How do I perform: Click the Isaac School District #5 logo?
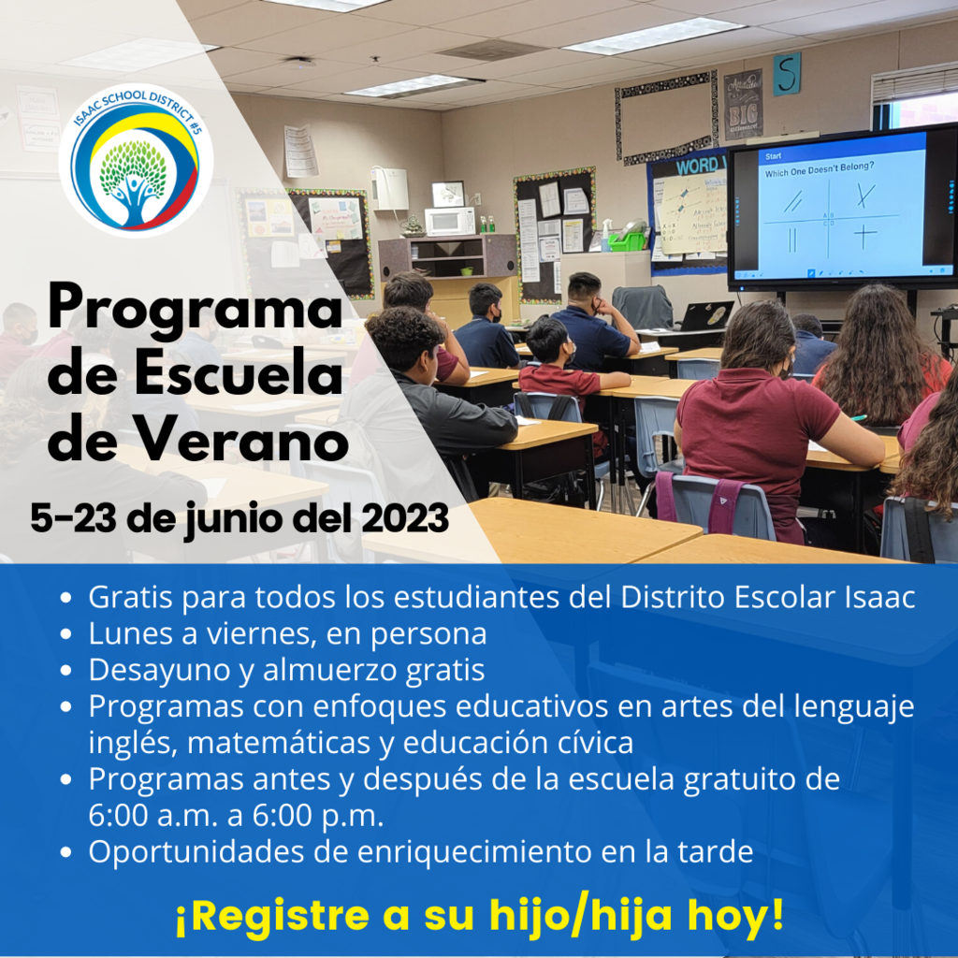136,160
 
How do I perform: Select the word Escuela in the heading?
239,374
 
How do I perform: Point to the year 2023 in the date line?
405,518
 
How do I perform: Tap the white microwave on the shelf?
450,221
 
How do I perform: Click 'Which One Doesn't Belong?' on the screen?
820,169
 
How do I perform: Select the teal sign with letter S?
786,74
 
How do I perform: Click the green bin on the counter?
626,241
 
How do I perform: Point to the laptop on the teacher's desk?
706,316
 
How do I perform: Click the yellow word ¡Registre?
272,916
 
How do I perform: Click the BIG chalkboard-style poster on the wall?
743,105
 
